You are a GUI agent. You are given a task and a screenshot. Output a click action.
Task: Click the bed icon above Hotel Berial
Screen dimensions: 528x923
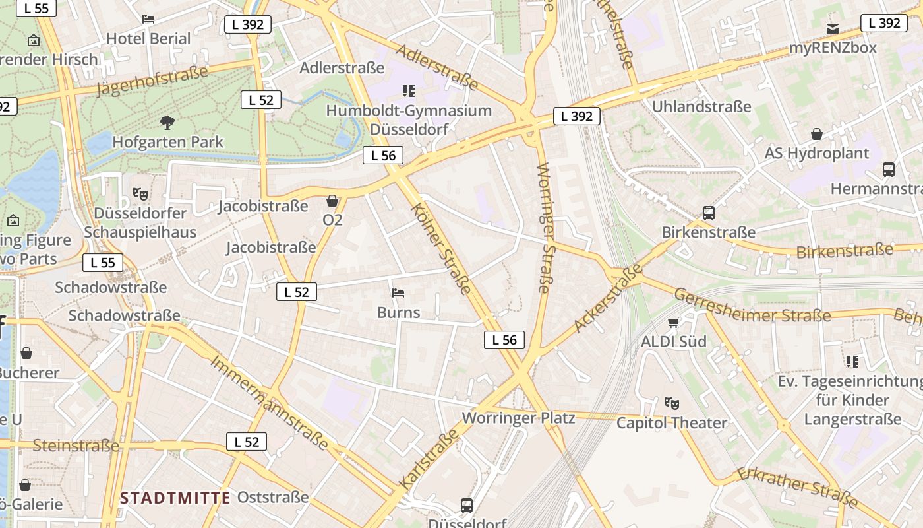click(148, 19)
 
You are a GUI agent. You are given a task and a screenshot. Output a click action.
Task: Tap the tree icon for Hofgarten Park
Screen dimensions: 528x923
click(167, 122)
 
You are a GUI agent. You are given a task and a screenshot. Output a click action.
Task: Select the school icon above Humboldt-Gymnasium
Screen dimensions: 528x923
click(409, 91)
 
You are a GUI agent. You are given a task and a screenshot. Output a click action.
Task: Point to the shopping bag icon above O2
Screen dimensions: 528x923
click(332, 200)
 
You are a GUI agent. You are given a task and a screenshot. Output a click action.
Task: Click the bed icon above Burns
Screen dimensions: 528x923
click(398, 293)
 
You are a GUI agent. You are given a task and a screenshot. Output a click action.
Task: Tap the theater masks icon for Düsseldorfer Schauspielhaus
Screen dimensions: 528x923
click(140, 194)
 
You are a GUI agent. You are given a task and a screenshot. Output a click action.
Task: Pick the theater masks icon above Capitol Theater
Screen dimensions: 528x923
click(672, 403)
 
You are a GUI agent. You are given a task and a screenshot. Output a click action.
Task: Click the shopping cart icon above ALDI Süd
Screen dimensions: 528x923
click(673, 322)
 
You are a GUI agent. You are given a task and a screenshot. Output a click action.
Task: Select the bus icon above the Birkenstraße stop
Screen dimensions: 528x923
click(709, 213)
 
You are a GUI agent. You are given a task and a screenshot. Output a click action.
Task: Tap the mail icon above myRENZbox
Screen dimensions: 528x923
click(833, 28)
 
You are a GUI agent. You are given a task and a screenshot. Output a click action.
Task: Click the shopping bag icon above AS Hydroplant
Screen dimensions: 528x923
click(817, 134)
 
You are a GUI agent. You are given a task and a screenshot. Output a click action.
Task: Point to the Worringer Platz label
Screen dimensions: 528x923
click(518, 418)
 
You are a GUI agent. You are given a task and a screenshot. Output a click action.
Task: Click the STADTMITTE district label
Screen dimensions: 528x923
click(175, 498)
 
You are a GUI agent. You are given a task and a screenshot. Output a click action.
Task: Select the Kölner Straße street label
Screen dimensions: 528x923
click(441, 249)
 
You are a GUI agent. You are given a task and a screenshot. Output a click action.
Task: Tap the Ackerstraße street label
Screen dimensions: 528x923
click(608, 298)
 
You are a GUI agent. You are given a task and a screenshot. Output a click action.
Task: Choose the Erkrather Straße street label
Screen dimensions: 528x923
click(798, 488)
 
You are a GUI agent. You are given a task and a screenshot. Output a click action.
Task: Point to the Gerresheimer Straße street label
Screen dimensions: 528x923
click(752, 306)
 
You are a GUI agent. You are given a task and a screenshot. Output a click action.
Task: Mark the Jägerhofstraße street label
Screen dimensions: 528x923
click(152, 81)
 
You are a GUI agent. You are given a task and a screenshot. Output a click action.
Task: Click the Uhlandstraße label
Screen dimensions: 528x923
click(701, 106)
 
